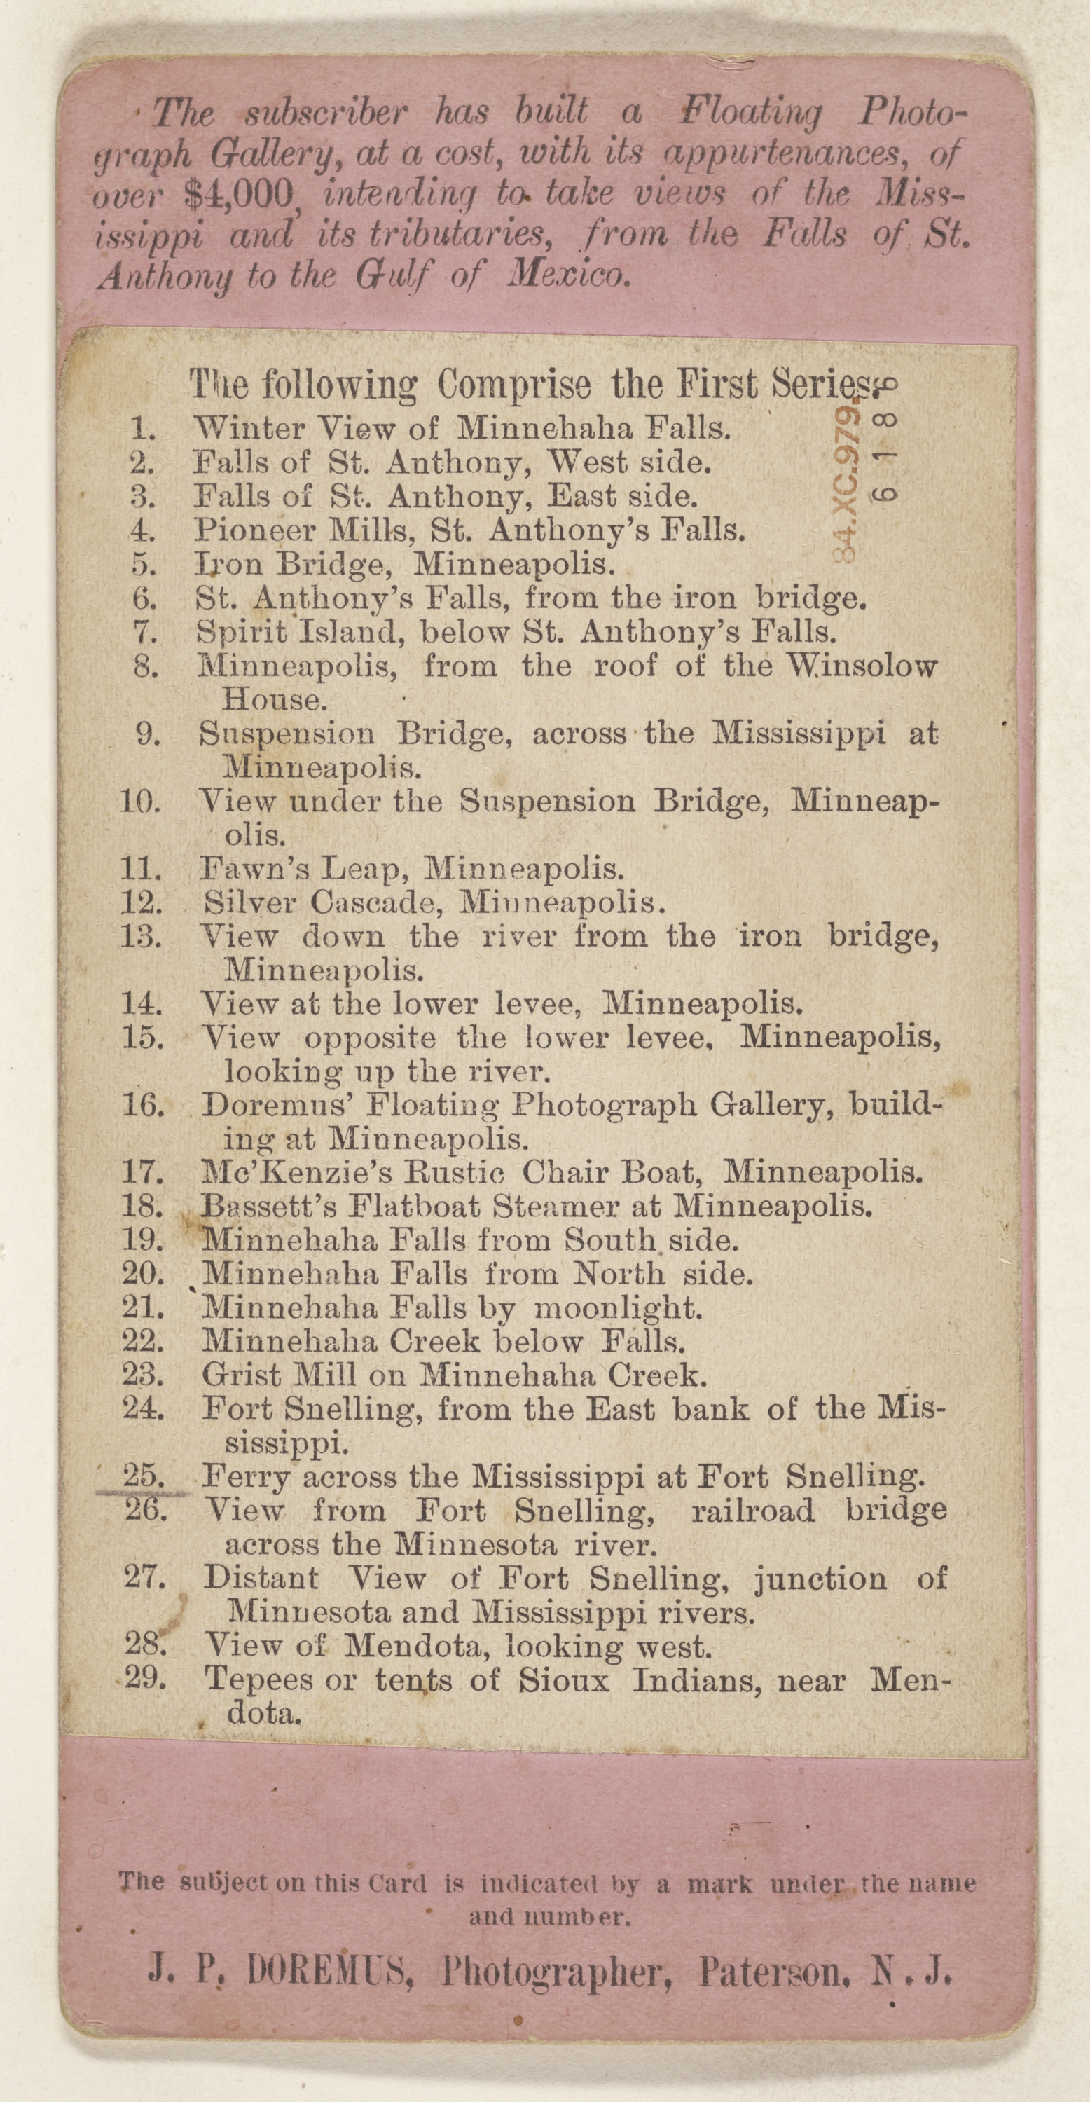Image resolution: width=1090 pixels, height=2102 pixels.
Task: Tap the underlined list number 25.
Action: tap(144, 1476)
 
